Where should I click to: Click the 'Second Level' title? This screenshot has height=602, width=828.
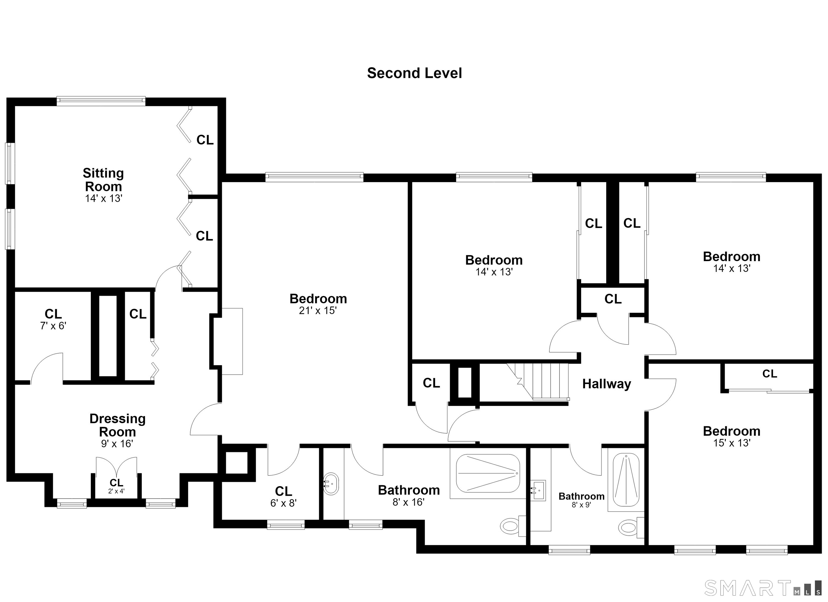[x=414, y=73]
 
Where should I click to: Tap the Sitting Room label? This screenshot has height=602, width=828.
[x=103, y=180]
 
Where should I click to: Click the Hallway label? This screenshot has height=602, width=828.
[x=606, y=384]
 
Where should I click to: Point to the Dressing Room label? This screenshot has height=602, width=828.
[x=118, y=425]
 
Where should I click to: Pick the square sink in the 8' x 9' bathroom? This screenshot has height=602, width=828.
[x=538, y=490]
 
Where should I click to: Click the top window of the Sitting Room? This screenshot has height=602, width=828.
[x=101, y=101]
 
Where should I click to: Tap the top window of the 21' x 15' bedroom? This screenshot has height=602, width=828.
[x=314, y=177]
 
